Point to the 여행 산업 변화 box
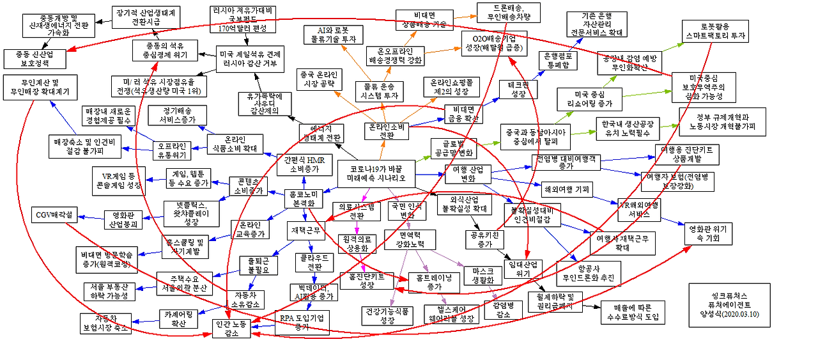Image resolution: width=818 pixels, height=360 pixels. (468, 174)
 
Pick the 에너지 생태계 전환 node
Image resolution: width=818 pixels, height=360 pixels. (321, 133)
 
